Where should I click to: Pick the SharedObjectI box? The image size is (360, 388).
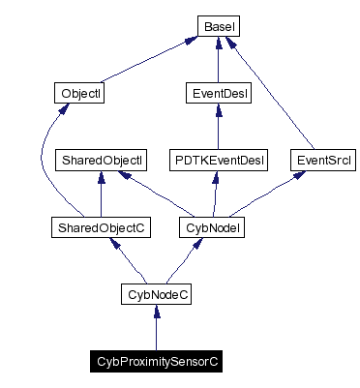point(102,159)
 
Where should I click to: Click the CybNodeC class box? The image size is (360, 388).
point(157,292)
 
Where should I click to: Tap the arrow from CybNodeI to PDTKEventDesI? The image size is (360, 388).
point(217,194)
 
